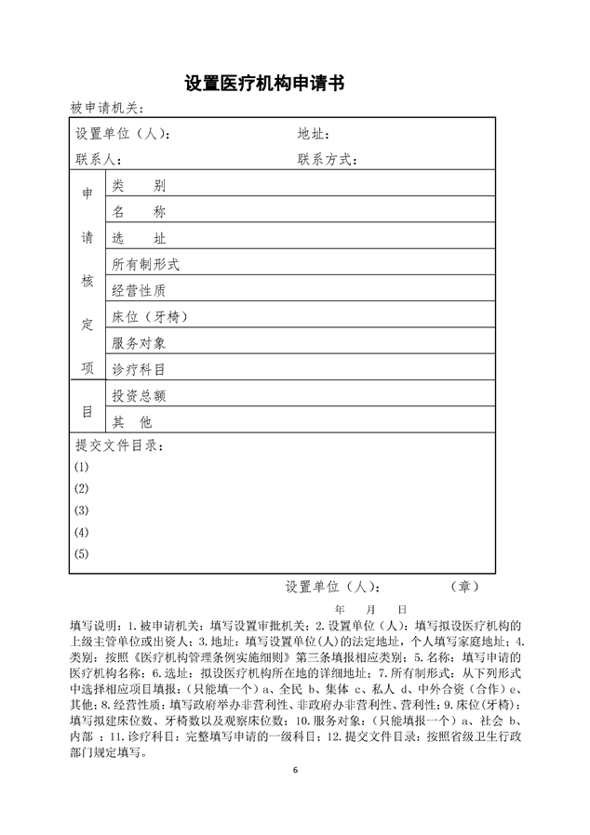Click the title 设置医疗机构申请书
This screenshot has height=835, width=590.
(265, 84)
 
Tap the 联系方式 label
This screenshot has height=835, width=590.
(327, 159)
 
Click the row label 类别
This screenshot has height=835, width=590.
(139, 186)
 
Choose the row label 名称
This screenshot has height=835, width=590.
(139, 212)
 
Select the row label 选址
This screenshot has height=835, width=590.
(139, 238)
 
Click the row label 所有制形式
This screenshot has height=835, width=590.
(145, 264)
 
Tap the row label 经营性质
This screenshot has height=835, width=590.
(139, 290)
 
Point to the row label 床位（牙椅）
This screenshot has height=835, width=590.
(151, 317)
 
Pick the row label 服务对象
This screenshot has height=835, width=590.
(139, 343)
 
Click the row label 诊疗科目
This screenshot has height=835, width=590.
(139, 369)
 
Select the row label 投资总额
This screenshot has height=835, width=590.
(139, 395)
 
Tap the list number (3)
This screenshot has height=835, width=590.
(82, 510)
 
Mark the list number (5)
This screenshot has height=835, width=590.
(82, 554)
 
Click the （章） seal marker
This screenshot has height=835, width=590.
(464, 587)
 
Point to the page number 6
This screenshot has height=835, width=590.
(295, 770)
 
